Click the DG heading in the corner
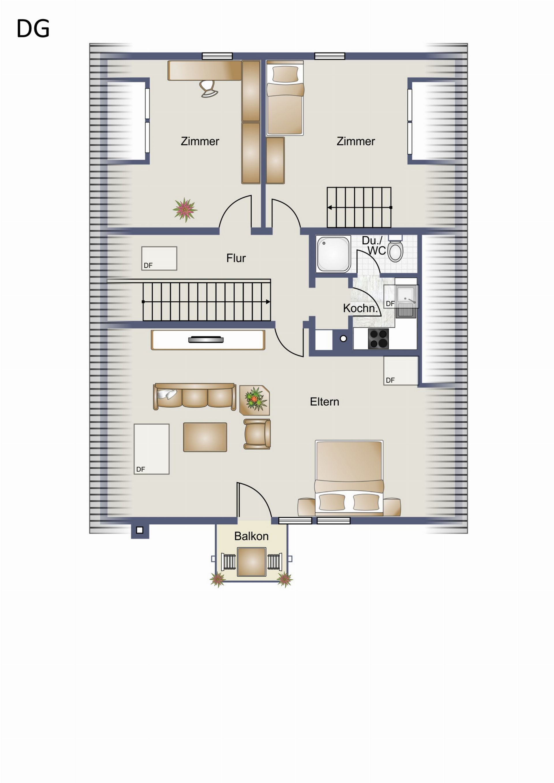pyautogui.click(x=33, y=28)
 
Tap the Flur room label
pyautogui.click(x=236, y=258)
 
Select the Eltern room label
pyautogui.click(x=324, y=402)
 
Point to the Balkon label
pyautogui.click(x=251, y=536)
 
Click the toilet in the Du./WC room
pyautogui.click(x=396, y=249)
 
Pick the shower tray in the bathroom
pyautogui.click(x=333, y=254)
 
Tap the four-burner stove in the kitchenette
pyautogui.click(x=378, y=338)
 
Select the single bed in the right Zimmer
pyautogui.click(x=285, y=98)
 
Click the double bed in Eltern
pyautogui.click(x=349, y=477)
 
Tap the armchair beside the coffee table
pyautogui.click(x=257, y=434)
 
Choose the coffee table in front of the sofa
pyautogui.click(x=205, y=437)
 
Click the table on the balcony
pyautogui.click(x=252, y=562)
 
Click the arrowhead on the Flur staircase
pyautogui.click(x=268, y=302)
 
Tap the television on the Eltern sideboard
pyautogui.click(x=206, y=339)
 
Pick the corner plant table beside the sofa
pyautogui.click(x=255, y=400)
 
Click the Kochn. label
pyautogui.click(x=360, y=308)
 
